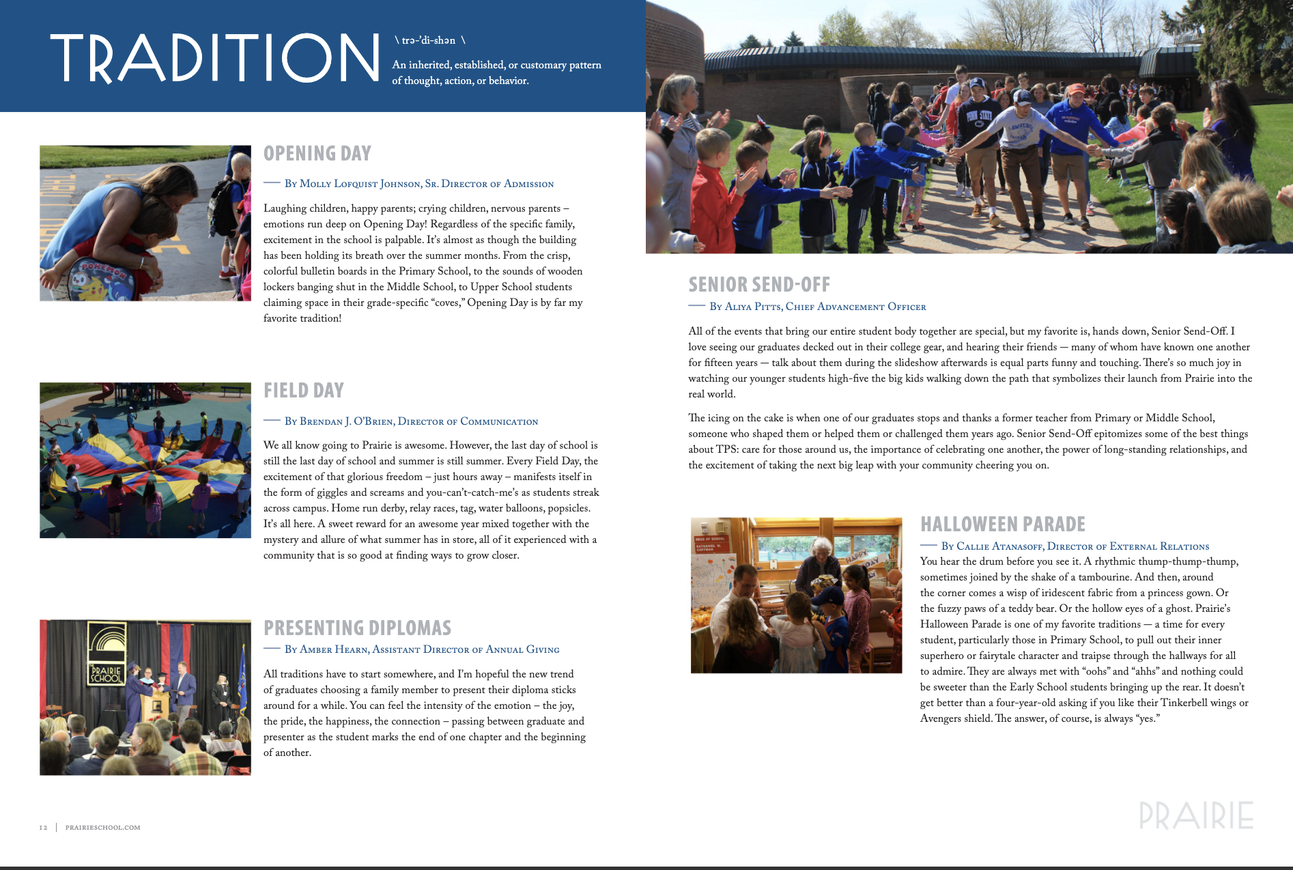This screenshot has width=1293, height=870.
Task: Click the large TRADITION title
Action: point(214,58)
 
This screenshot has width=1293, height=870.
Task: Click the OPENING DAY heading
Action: point(317,154)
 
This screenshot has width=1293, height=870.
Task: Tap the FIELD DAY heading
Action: point(304,391)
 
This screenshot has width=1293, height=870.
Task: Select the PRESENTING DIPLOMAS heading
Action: point(358,628)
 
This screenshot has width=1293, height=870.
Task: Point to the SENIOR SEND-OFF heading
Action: point(759,284)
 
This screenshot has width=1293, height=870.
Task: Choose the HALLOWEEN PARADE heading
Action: point(1003,524)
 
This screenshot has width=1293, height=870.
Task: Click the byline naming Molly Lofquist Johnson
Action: point(418,184)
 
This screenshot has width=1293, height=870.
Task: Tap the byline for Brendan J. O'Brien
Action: point(411,421)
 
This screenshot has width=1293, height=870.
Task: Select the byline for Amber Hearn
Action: point(421,649)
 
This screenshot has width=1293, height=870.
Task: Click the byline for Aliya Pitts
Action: point(817,307)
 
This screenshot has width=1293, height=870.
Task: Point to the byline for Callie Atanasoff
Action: point(1075,546)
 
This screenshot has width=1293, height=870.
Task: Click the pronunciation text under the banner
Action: point(429,40)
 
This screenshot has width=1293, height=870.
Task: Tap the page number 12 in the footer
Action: point(44,828)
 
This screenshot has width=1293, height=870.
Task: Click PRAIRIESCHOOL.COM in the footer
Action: point(103,828)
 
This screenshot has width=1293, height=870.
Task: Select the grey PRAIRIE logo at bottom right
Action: point(1196,815)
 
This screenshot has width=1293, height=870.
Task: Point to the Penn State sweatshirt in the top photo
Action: point(980,119)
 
